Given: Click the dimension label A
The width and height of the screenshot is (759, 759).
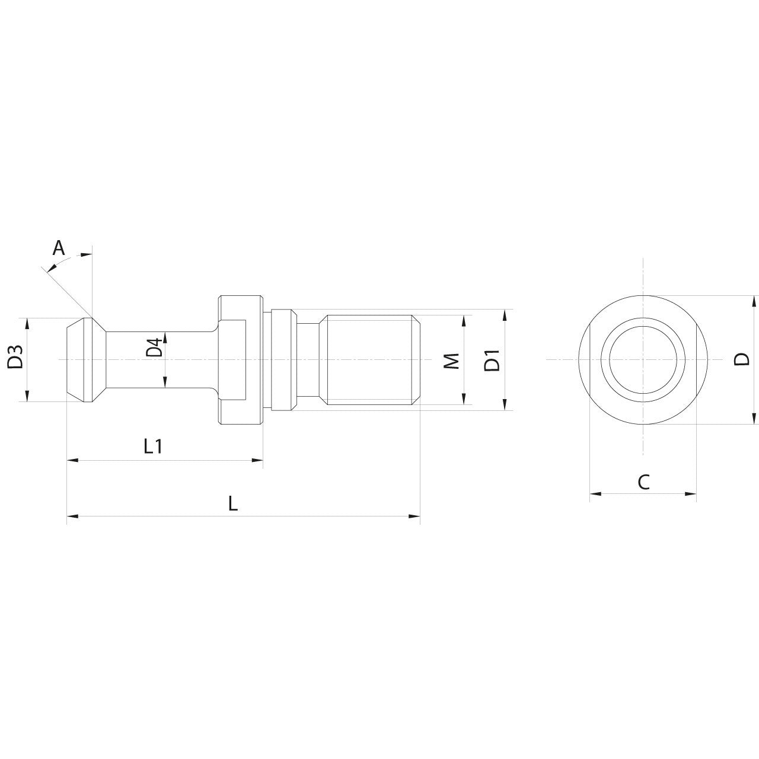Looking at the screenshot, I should pos(59,247).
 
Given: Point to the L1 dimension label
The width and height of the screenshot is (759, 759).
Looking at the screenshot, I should pos(154,447).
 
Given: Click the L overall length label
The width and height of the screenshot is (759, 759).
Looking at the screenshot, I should pos(233,504).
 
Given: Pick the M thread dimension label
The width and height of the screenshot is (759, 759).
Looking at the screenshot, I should pos(452,360).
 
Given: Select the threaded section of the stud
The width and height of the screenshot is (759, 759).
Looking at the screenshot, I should pos(371,360).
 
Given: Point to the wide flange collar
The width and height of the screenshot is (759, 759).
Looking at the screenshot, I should pos(241,359).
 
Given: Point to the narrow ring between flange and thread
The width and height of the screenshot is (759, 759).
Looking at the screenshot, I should pos(283,359).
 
